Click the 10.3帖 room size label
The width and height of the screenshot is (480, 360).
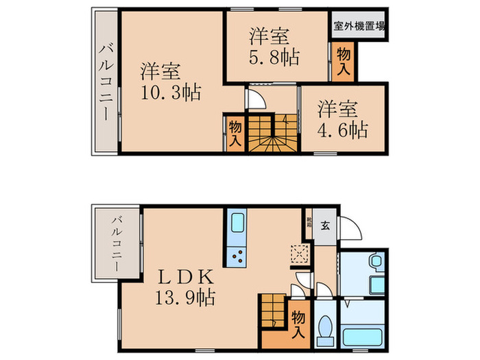(171, 92)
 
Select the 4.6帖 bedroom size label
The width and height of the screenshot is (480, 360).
(342, 129)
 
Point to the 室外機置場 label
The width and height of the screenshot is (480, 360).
(359, 28)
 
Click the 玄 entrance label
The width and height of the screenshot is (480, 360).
(326, 225)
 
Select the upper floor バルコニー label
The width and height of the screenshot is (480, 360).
(105, 82)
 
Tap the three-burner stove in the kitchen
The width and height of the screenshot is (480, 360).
(237, 256)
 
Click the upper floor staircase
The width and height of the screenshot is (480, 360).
(270, 133)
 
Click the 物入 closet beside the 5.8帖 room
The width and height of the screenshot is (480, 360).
(343, 60)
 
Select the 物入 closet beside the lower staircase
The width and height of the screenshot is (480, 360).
(298, 323)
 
